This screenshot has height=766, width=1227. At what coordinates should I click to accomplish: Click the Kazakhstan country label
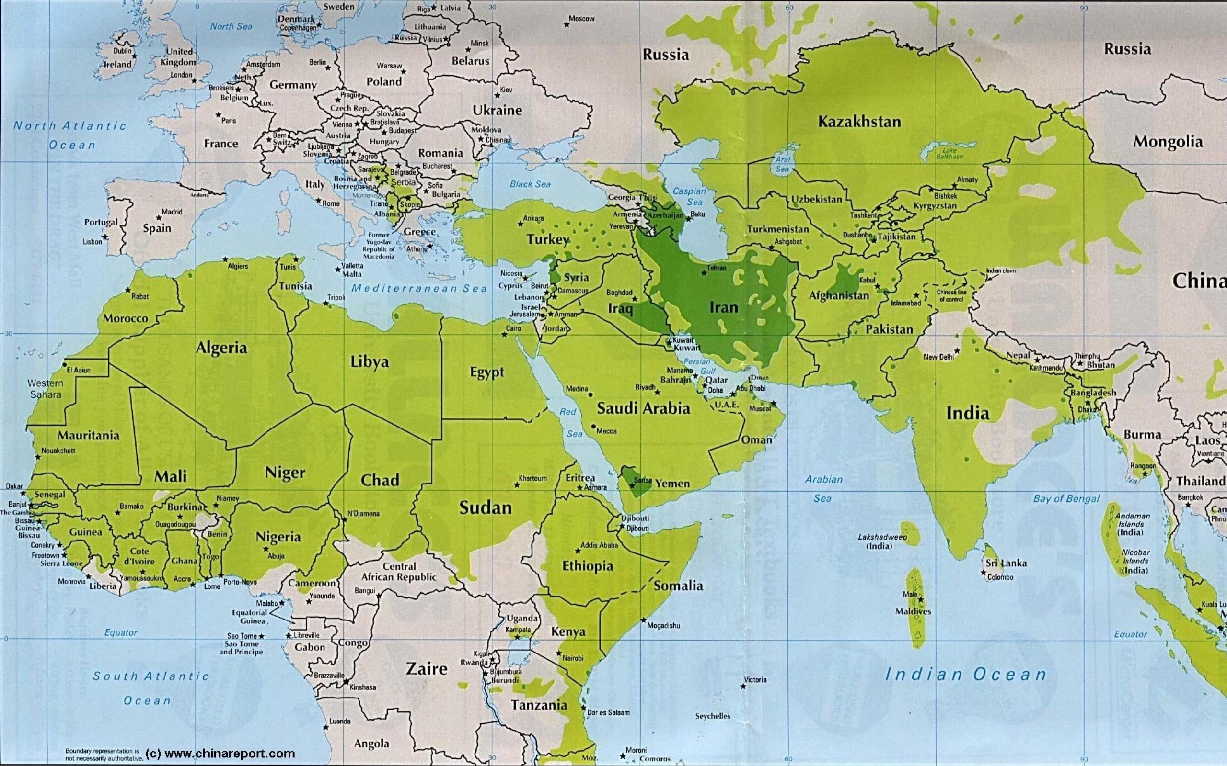pos(859,122)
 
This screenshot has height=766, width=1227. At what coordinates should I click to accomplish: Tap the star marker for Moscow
pos(566,24)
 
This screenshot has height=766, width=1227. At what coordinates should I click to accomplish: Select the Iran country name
pos(724,307)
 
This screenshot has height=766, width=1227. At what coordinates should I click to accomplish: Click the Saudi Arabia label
pos(643,408)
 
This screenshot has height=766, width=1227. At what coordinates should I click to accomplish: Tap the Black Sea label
pos(530,184)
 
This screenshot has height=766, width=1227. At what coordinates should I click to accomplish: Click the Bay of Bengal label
pos(1066,498)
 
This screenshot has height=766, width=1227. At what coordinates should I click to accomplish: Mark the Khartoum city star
pos(517,485)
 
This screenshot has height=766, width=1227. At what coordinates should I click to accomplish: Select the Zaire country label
pos(427,669)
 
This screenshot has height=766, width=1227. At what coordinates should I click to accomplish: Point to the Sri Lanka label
pos(1006,563)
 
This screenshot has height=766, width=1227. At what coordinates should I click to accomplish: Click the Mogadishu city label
pos(663,626)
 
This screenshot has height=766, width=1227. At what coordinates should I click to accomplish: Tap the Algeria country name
pos(221,348)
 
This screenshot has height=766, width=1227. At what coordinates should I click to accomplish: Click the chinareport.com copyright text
pos(220,754)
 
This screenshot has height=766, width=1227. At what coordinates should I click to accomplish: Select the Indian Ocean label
pos(965,675)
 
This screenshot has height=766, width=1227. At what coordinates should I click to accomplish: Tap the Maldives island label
pos(913,611)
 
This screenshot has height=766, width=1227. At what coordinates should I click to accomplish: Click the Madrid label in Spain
pos(172,212)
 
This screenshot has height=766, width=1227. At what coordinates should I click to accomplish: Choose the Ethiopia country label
pos(587,566)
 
